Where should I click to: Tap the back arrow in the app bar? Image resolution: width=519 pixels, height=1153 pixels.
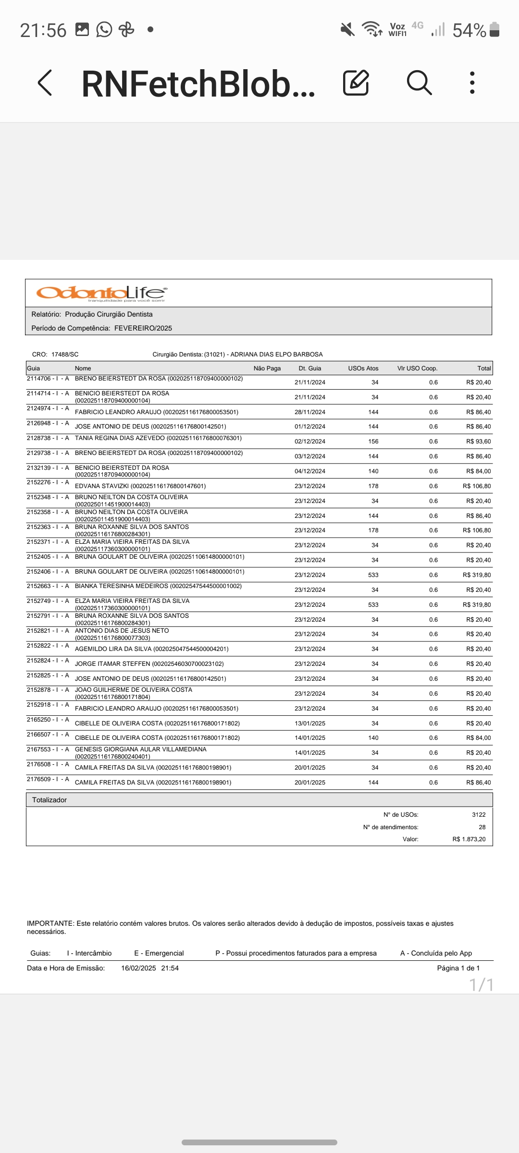pos(45,83)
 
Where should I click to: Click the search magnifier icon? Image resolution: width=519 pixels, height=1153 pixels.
pos(419,83)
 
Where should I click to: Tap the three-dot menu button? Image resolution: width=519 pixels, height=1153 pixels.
pos(472,83)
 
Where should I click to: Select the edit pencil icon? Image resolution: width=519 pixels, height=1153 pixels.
pos(356,83)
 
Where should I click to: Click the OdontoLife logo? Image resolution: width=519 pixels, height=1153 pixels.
pos(101,293)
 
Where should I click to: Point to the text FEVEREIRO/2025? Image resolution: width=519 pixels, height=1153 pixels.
pos(143,328)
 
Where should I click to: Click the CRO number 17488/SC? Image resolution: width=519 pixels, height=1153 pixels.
pos(65,355)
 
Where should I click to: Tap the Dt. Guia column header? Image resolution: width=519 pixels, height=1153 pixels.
pos(310,368)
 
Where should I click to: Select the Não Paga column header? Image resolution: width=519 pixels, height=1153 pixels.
pos(267,368)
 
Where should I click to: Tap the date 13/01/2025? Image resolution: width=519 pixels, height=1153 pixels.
pos(310,724)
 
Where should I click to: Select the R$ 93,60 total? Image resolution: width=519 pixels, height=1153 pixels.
pos(478,442)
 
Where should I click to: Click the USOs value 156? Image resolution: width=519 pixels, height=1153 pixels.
pos(373,442)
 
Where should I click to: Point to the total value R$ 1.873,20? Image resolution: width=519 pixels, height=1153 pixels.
pos(469,839)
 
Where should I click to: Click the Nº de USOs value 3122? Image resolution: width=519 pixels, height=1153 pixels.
pos(479,815)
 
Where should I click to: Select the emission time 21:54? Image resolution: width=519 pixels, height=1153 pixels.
pos(170,968)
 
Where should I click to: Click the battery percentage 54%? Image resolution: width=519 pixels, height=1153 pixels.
pos(469,30)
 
